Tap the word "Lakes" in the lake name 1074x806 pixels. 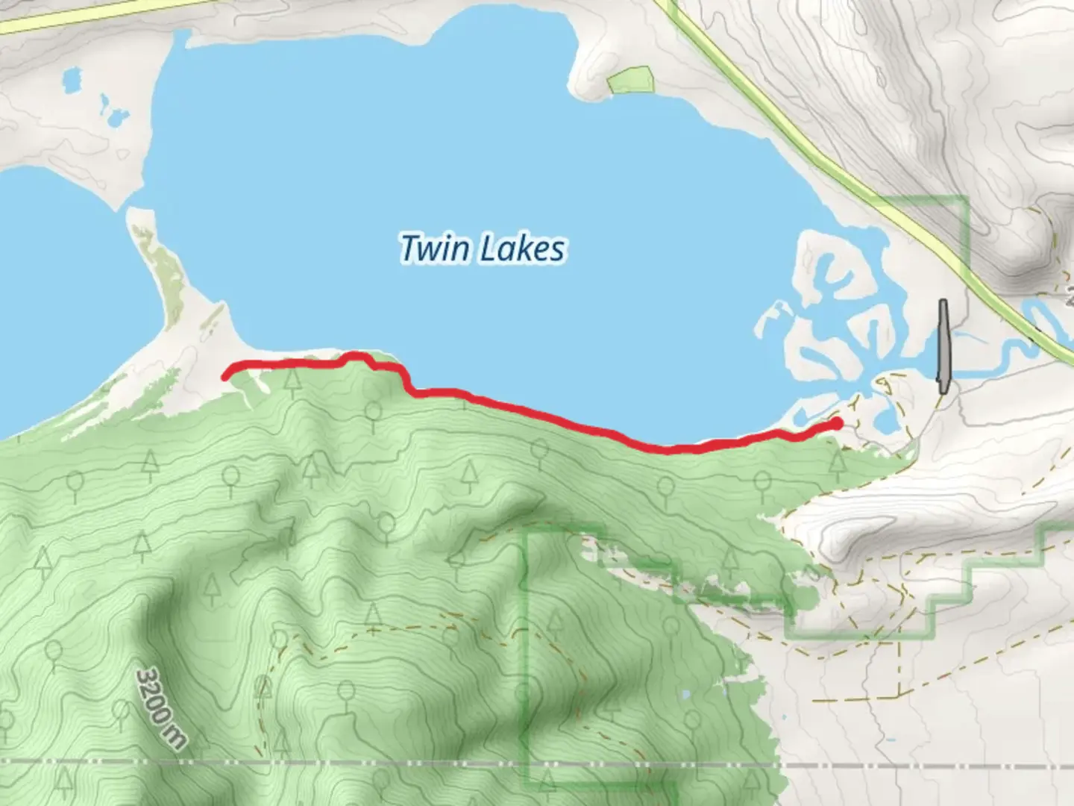tap(521, 249)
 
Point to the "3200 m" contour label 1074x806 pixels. tap(160, 708)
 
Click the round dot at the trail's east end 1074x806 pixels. tap(837, 424)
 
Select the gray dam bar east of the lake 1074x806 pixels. tap(943, 346)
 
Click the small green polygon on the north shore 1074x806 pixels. tap(631, 81)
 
